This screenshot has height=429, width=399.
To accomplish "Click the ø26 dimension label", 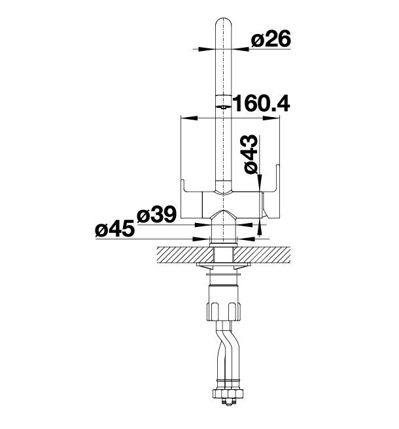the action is [x=271, y=39].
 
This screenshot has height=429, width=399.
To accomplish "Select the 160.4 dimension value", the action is [x=261, y=103].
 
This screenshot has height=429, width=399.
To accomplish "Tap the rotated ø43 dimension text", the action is [x=251, y=154].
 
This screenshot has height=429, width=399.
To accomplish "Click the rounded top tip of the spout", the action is [x=224, y=19].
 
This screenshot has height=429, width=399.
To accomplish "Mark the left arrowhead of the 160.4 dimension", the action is [x=189, y=118].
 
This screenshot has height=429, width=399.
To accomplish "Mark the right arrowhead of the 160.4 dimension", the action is [x=271, y=118].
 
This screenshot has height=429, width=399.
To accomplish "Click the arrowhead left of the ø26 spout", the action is [x=207, y=49].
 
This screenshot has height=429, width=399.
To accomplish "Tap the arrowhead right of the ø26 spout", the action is [x=240, y=49].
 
